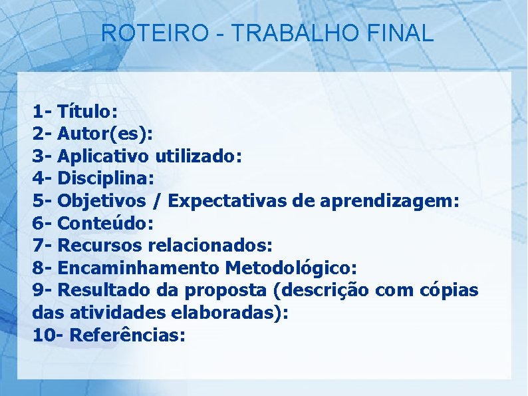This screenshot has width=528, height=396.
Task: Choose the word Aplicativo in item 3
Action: (x=104, y=156)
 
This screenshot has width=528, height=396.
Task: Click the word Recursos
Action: (x=101, y=246)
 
